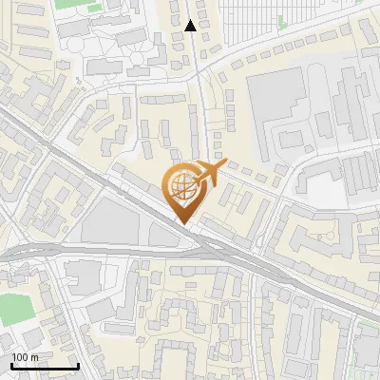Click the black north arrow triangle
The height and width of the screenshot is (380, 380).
(191, 26)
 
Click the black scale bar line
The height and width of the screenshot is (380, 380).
(45, 366)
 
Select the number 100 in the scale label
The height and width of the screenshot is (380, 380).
(20, 356)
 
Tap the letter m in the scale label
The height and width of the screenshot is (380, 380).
(34, 357)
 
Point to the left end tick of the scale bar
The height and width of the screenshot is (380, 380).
(11, 364)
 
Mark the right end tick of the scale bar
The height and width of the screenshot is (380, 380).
(78, 364)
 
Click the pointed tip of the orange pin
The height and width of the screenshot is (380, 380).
(181, 223)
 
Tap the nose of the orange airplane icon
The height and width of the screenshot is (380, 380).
(224, 165)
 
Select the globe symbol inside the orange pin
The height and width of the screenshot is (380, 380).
(180, 186)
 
